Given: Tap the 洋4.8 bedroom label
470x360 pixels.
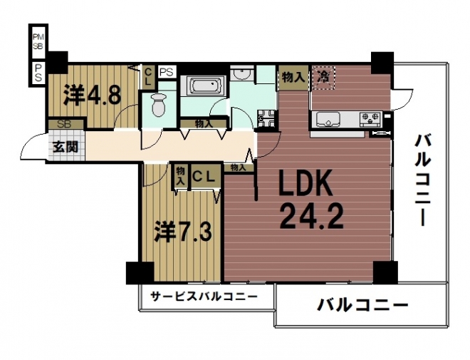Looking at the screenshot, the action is coord(92,95).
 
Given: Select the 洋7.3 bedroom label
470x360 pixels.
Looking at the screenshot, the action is coord(183,232).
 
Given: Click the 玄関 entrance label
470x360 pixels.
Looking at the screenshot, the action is coord(66,147).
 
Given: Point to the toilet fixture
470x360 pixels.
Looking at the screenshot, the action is coord(159,105).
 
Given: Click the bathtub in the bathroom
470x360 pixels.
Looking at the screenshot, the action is coord(204,86).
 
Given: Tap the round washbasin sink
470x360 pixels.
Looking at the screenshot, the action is coord(242,74).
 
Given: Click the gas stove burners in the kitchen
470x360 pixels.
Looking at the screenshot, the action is coord(370,118).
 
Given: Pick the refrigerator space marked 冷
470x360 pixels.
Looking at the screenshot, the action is coord(323,78).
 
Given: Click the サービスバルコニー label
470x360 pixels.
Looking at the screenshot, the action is coord(204,297).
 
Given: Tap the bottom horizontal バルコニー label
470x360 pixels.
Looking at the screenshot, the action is coord(362,305).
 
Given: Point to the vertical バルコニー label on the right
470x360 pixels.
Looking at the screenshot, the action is coord(423,180).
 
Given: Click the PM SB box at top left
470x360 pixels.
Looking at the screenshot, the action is coord(38,41).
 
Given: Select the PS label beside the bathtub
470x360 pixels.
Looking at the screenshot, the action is coord(167,72).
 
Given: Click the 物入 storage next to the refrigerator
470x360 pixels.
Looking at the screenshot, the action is coord(293,78).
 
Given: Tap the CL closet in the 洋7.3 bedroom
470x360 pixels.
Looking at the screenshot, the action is coord(204,177).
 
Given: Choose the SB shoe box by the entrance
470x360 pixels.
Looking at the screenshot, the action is coord(66,124).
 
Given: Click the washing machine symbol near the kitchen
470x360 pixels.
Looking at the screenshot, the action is coord(266,119).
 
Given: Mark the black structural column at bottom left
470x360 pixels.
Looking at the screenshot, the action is coord(140,273).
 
